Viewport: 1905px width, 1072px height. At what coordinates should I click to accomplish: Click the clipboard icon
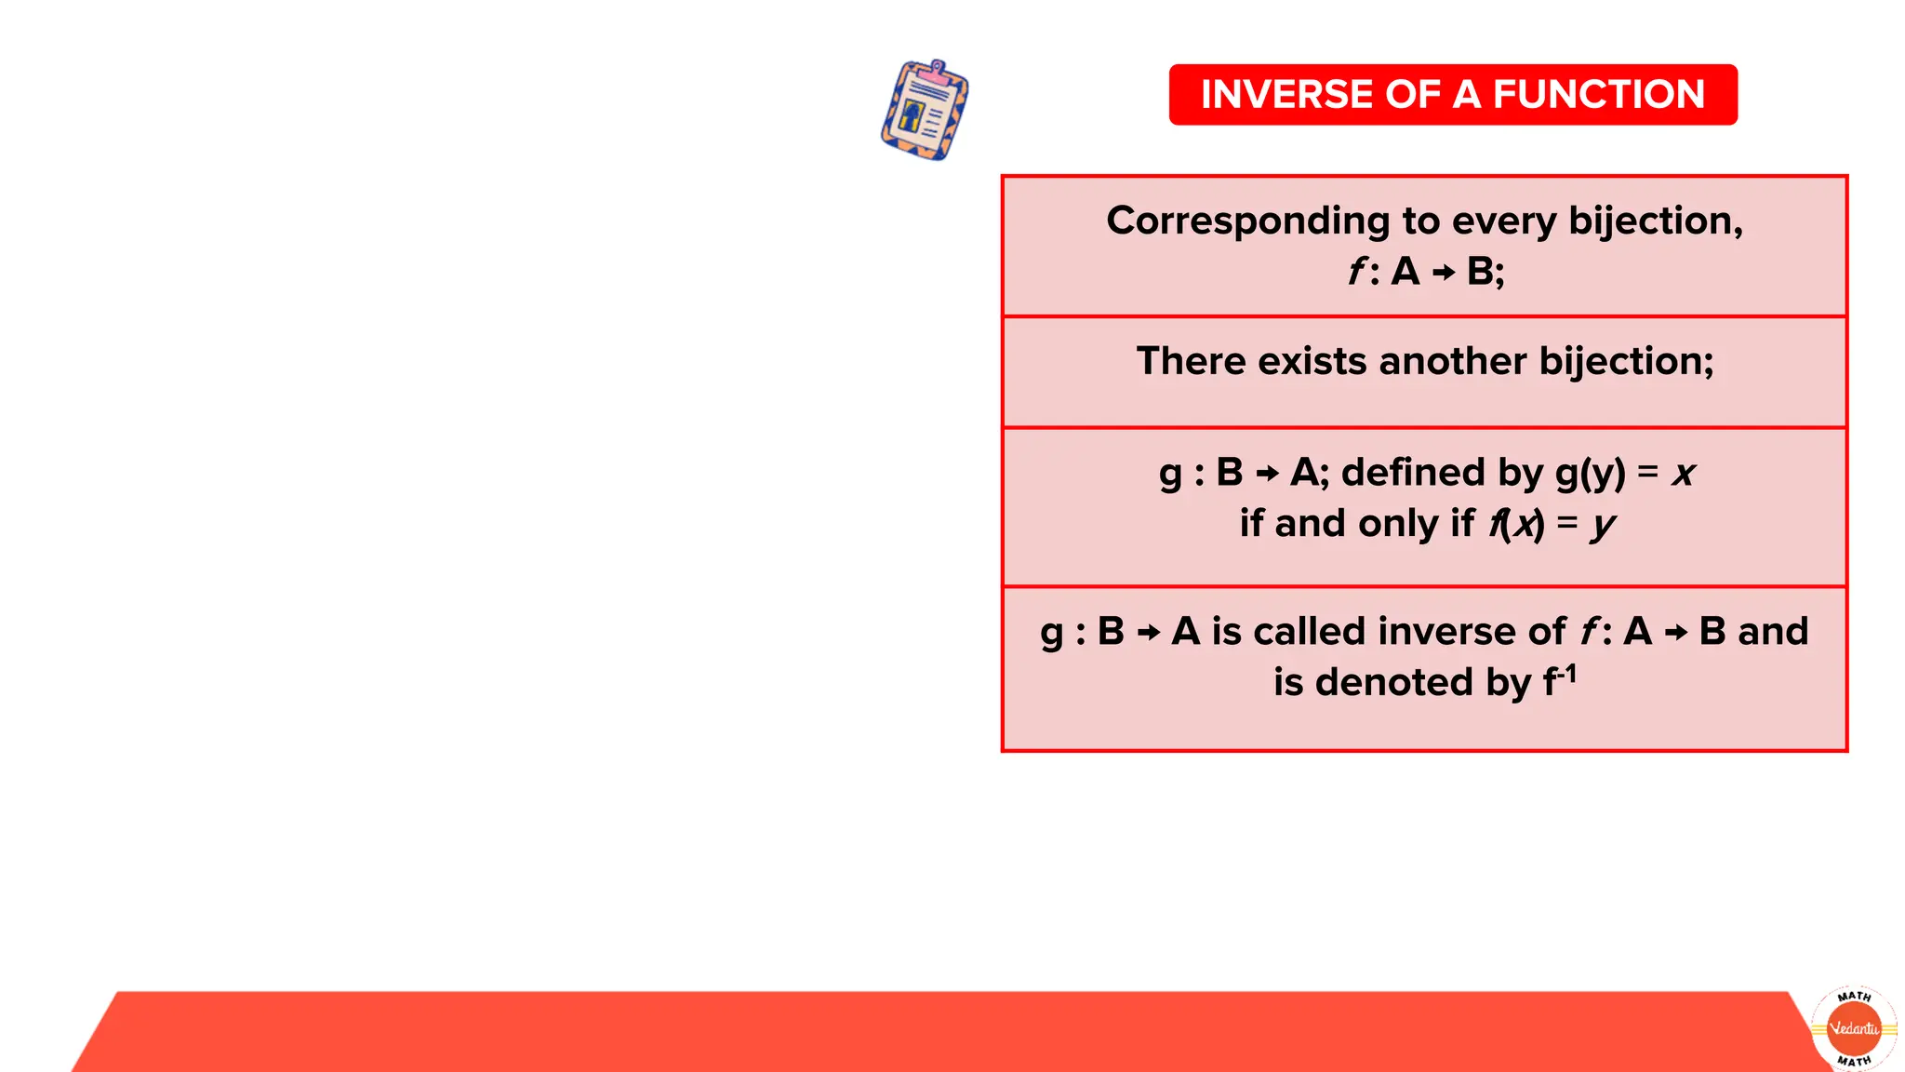[x=925, y=110]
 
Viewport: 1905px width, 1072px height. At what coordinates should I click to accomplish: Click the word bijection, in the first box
[x=1655, y=221]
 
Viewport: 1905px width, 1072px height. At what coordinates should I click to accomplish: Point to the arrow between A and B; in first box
[x=1443, y=273]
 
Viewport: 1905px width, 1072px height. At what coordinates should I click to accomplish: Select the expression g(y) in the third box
[x=1590, y=473]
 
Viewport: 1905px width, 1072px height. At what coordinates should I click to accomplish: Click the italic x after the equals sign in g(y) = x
[x=1683, y=474]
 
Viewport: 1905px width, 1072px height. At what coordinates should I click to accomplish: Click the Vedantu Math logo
[x=1854, y=1028]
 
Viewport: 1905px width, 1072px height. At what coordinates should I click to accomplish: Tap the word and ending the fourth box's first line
[x=1773, y=632]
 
